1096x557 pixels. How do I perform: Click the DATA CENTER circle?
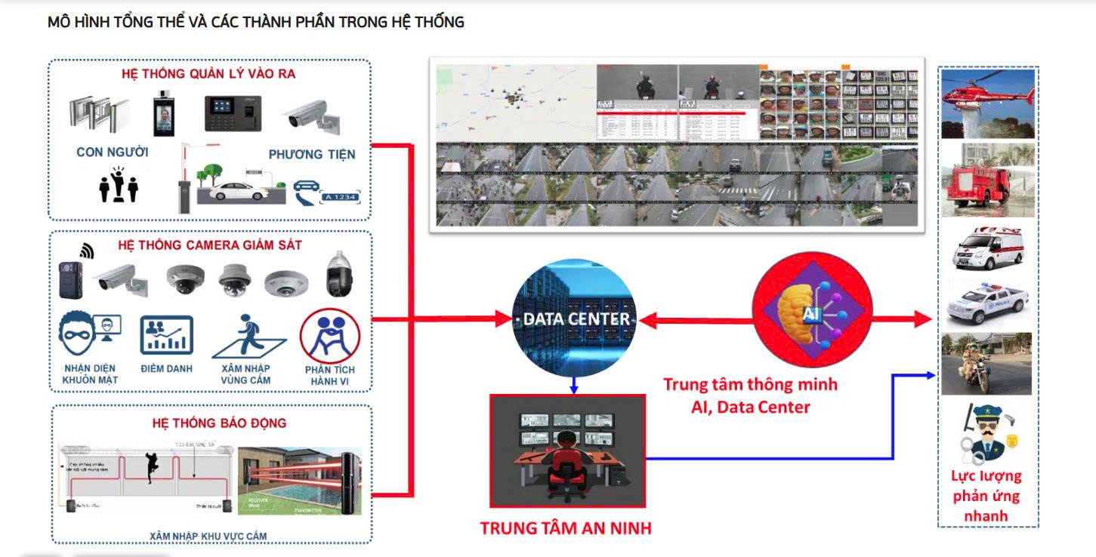click(574, 319)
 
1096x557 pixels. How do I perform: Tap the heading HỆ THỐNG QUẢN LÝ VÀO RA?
click(208, 74)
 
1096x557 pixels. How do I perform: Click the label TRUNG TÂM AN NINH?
click(566, 528)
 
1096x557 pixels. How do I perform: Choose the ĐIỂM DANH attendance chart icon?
click(166, 335)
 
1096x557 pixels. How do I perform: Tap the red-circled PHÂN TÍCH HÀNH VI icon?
click(329, 336)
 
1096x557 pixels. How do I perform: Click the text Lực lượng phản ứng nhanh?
click(986, 497)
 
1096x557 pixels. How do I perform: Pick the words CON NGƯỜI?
click(113, 152)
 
